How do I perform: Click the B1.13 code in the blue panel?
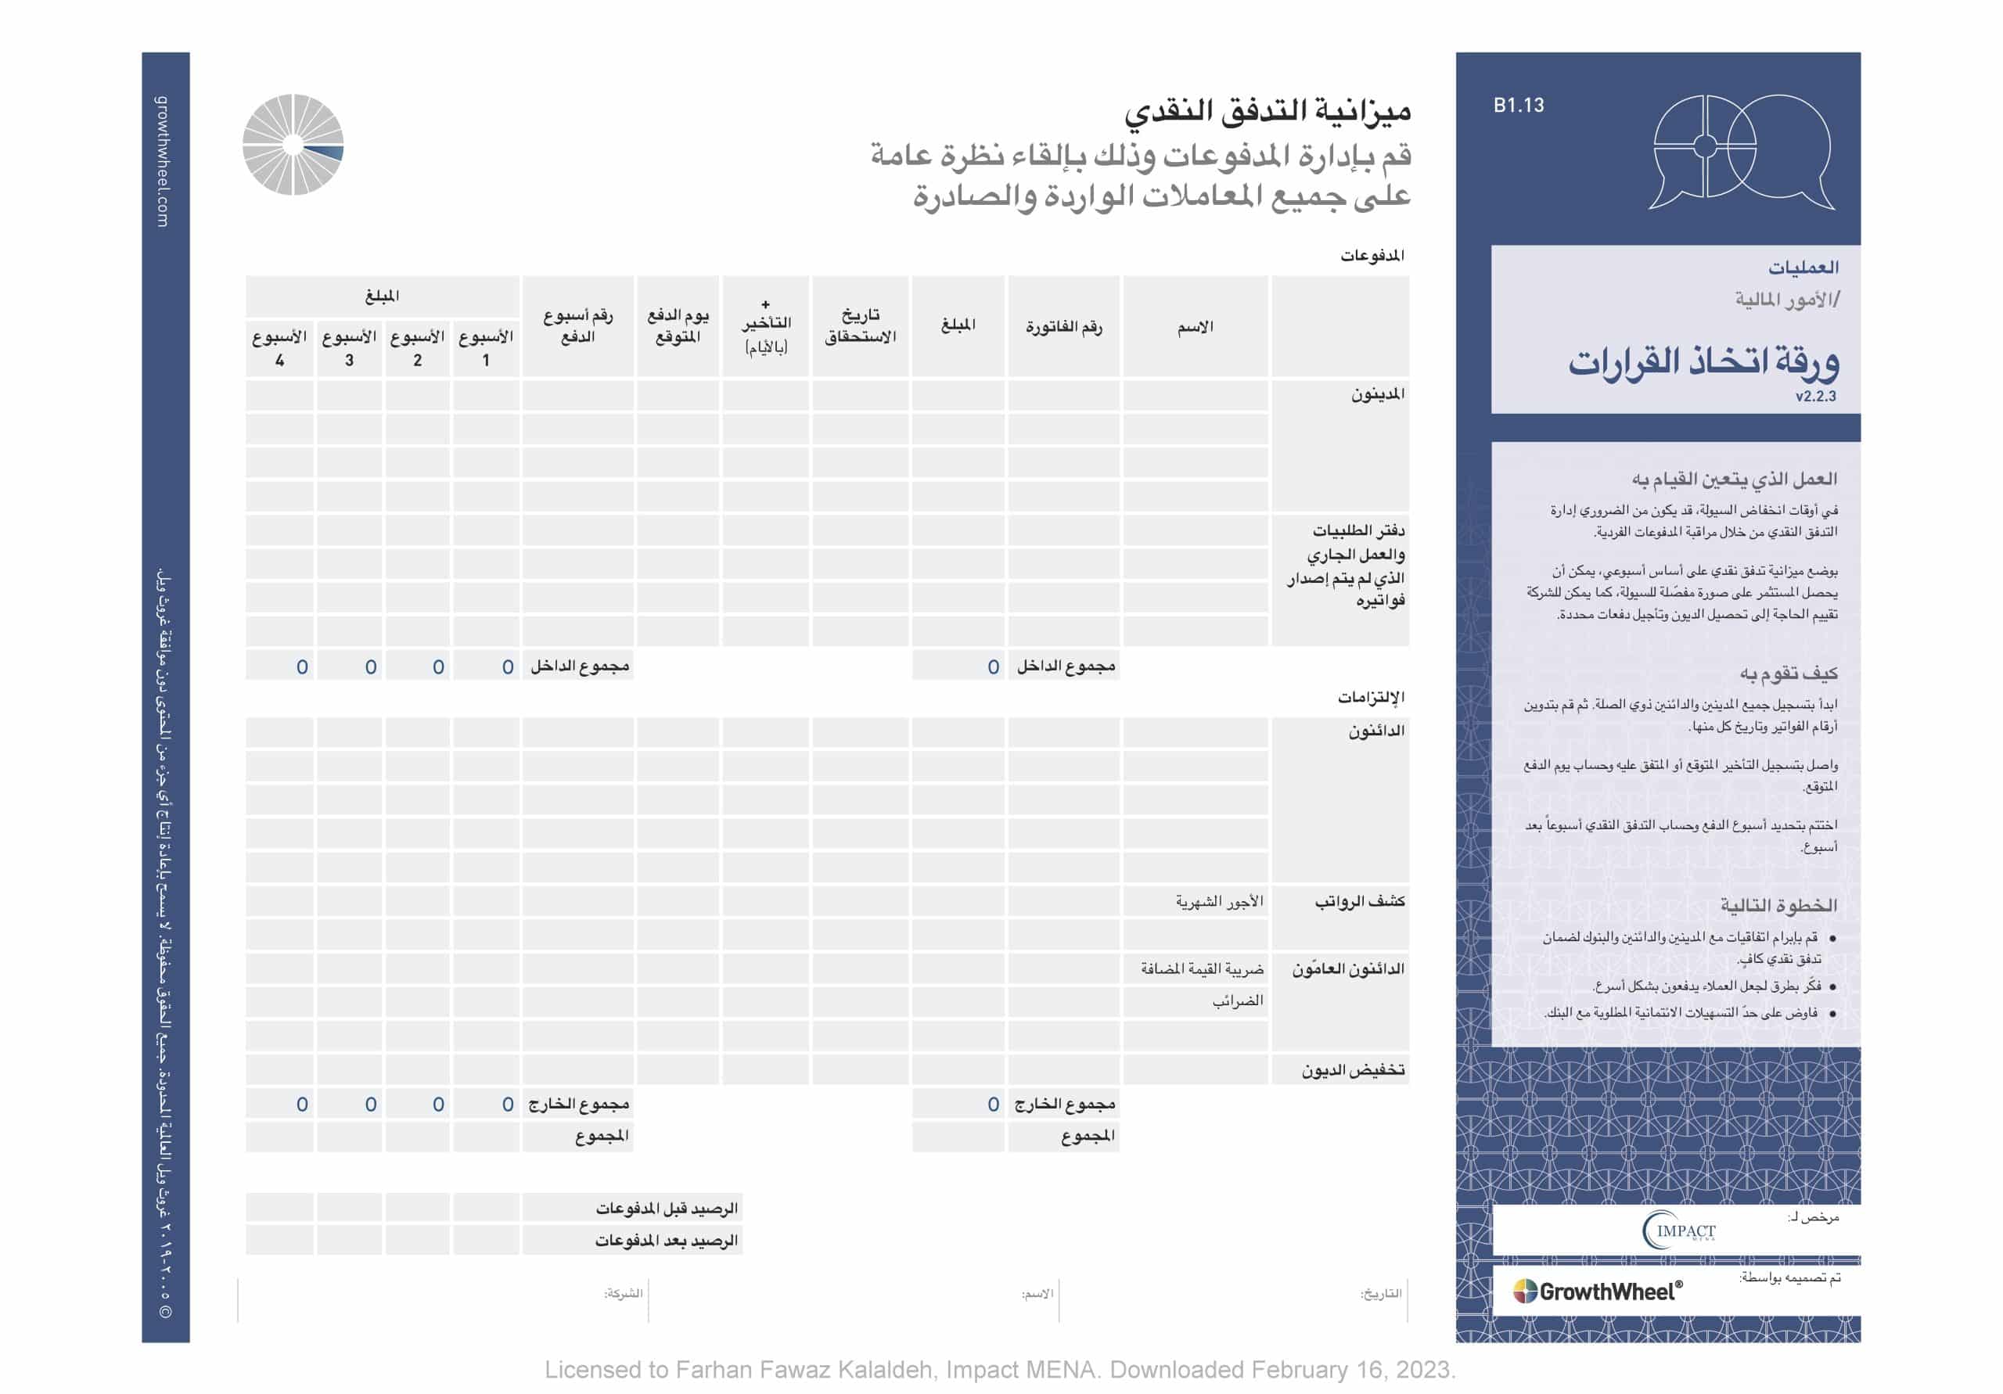click(1518, 106)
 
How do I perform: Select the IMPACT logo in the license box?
click(1678, 1231)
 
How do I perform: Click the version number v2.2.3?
click(1814, 396)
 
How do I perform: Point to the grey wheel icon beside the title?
click(293, 145)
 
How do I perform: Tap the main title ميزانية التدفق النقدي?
click(1267, 111)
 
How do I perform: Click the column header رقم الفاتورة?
click(1063, 327)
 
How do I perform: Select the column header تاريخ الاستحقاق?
click(860, 325)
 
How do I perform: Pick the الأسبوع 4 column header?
click(279, 347)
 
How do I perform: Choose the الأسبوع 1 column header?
click(486, 347)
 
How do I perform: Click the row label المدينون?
click(1378, 394)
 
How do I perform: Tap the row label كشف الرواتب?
click(1359, 901)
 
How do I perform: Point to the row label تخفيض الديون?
click(1353, 1069)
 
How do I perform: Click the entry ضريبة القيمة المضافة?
click(1202, 968)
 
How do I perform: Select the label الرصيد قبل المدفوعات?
click(667, 1208)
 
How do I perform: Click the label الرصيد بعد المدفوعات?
click(667, 1241)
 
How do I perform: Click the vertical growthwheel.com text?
click(164, 161)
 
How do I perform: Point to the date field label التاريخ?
click(1381, 1293)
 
